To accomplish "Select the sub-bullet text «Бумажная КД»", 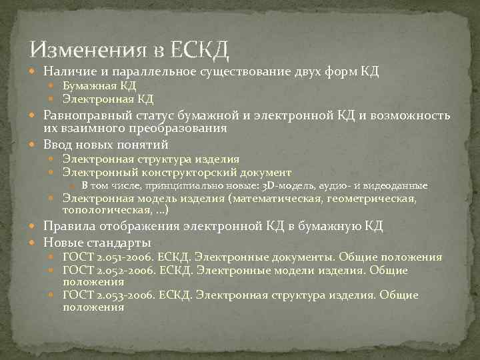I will pos(99,86).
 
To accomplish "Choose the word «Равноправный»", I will pos(87,115).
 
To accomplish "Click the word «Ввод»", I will pos(58,144).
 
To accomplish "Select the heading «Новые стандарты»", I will pos(97,241).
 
